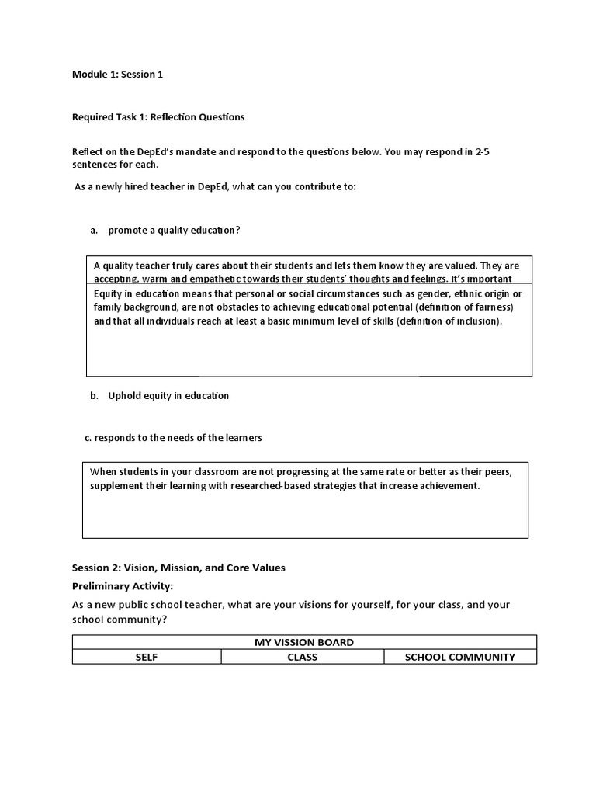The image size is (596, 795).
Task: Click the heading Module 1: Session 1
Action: tap(117, 75)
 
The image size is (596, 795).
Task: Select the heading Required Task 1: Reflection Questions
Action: tap(158, 117)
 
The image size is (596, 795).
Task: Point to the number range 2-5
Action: tap(481, 151)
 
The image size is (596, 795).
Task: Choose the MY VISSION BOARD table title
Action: tap(304, 642)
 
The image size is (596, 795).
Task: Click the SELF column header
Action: tap(147, 657)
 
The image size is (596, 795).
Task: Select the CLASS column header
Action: tap(303, 657)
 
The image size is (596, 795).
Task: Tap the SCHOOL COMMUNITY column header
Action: tap(460, 657)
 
